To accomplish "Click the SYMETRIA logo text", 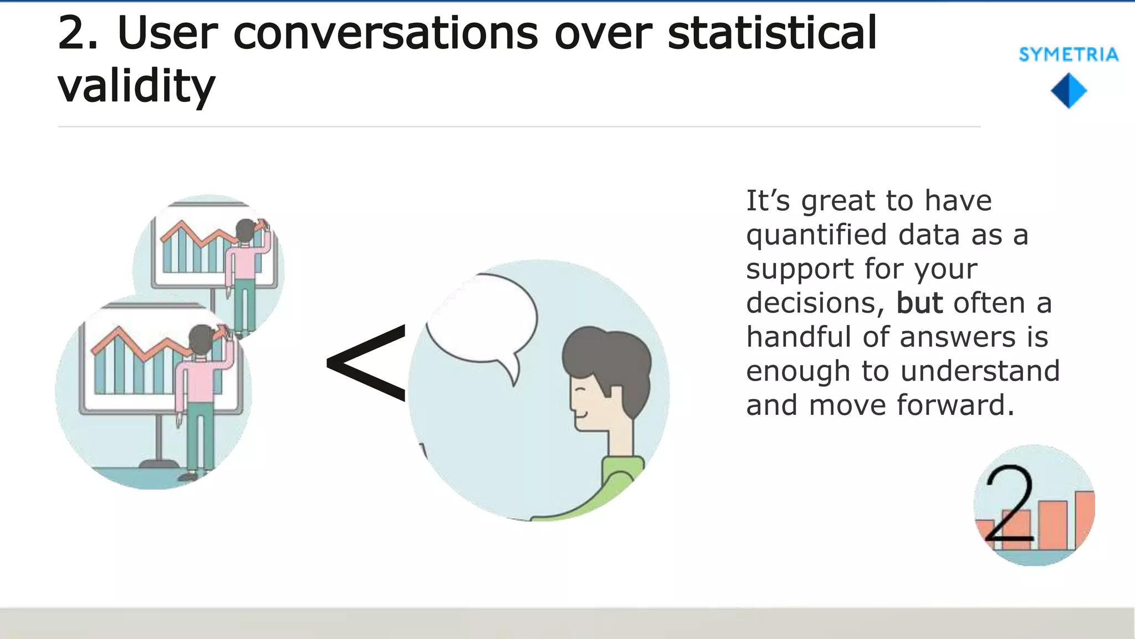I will (1068, 54).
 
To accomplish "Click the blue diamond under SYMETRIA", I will (1068, 90).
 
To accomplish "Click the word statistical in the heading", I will (772, 33).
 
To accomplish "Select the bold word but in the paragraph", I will (919, 303).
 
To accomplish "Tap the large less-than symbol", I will (367, 363).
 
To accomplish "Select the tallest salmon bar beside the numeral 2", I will (1084, 519).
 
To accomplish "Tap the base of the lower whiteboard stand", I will (159, 464).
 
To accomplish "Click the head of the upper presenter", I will (245, 230).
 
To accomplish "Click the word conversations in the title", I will (386, 33).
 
